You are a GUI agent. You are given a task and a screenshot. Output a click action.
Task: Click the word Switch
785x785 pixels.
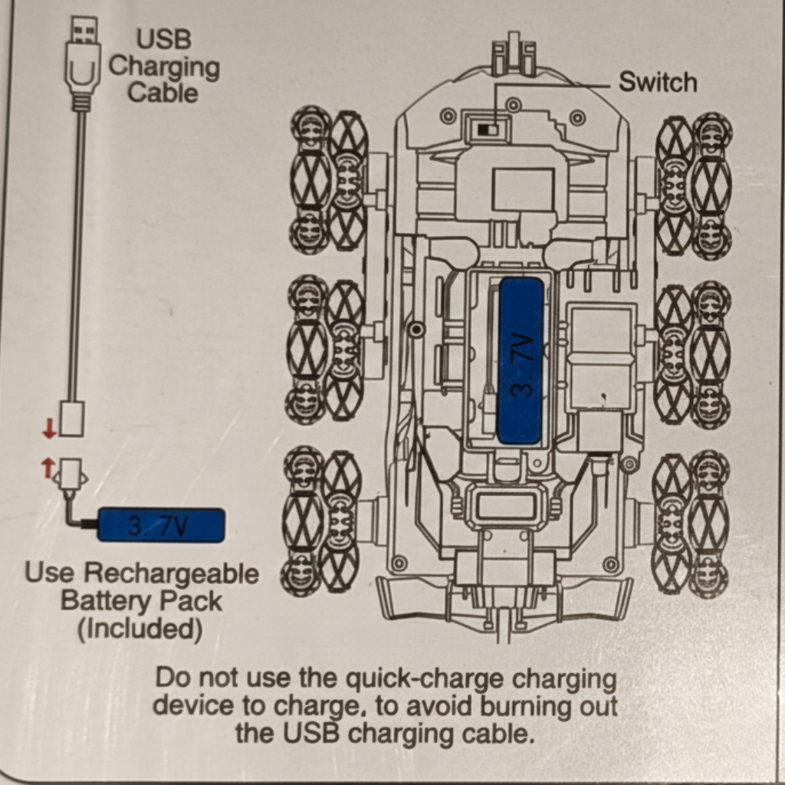(658, 82)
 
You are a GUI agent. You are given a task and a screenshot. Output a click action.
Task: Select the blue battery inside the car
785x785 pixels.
(521, 360)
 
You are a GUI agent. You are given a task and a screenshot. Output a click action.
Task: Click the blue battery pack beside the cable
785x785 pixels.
(162, 525)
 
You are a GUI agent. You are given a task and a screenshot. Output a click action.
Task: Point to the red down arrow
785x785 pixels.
(50, 430)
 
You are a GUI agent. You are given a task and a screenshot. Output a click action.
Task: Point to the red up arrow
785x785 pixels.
(48, 466)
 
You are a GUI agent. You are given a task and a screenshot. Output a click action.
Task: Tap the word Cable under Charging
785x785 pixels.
(163, 94)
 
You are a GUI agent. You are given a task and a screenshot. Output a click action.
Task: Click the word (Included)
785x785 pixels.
(140, 629)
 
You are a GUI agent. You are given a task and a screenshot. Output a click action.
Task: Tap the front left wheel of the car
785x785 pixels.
(329, 181)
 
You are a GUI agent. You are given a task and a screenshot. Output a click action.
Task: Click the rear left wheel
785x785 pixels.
(321, 521)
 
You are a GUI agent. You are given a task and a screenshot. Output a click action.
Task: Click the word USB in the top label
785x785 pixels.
(163, 39)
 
